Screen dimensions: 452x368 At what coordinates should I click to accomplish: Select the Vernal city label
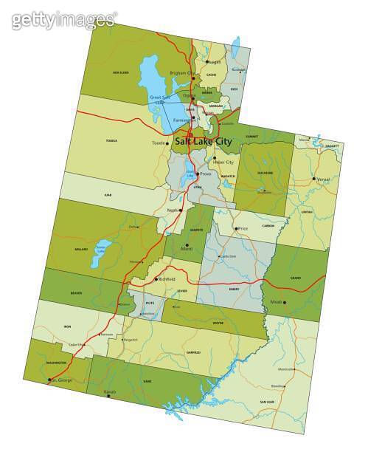coord(322,179)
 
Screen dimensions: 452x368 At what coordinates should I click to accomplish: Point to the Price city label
coord(244,229)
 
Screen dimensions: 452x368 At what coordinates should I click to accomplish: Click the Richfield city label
coord(167,279)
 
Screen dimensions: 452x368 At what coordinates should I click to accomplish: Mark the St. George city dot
coord(51,380)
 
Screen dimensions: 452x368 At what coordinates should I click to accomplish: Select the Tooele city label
coord(158,143)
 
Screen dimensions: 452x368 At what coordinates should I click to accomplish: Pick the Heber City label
coord(223,162)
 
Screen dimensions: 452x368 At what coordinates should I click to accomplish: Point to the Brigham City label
coord(179,74)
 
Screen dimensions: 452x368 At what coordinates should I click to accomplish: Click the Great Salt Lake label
coord(159,99)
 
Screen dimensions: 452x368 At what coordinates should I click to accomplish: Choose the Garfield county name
coord(192,352)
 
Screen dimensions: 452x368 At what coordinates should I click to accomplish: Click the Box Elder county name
coord(121,72)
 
